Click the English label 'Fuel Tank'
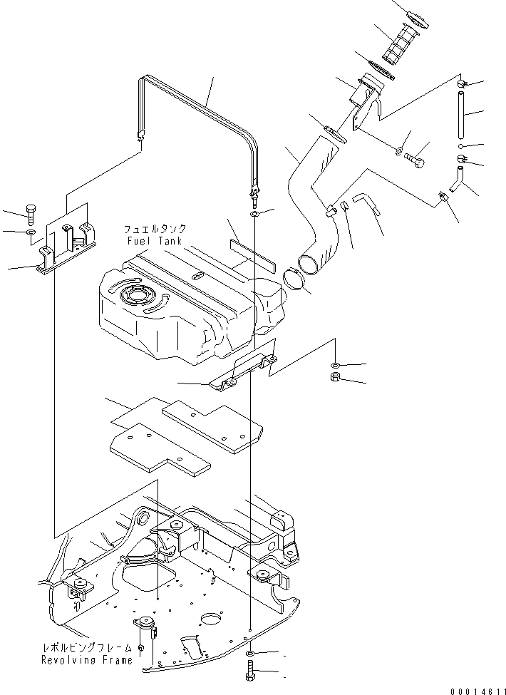[x=154, y=241]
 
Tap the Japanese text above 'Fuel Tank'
[x=155, y=230]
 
